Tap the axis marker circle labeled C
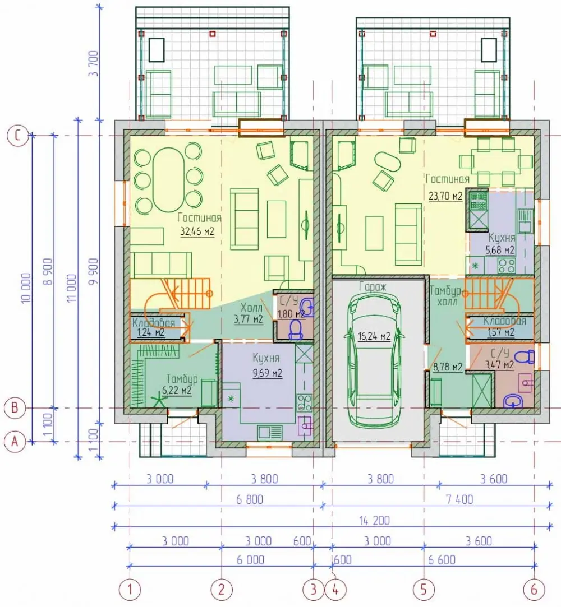click(x=18, y=136)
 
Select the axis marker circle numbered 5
click(x=424, y=590)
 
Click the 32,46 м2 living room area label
click(x=197, y=232)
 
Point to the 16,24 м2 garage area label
click(x=374, y=336)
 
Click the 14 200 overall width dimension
click(x=374, y=521)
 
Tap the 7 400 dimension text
click(x=459, y=499)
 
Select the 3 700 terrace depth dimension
click(x=94, y=63)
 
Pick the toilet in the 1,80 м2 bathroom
click(x=297, y=330)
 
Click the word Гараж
click(x=373, y=287)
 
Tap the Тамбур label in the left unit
click(x=182, y=378)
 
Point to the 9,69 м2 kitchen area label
click(x=268, y=374)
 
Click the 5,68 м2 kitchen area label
click(x=500, y=251)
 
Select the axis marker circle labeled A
click(x=15, y=441)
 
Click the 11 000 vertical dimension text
click(x=72, y=288)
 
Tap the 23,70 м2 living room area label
click(x=445, y=196)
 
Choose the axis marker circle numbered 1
click(x=130, y=590)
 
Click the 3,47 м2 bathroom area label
click(x=499, y=365)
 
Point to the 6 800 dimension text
click(x=250, y=499)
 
